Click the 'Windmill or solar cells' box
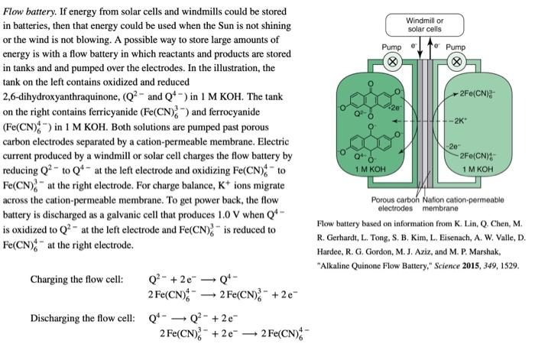(423, 24)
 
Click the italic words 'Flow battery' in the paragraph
(28, 11)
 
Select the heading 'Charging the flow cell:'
(76, 279)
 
